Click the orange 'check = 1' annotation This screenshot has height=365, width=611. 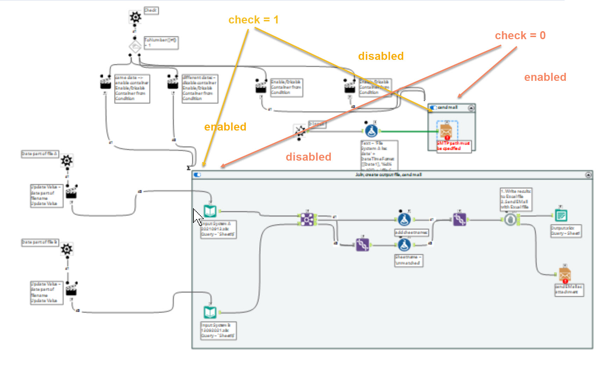pos(253,20)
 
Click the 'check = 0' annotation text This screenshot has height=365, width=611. pos(520,36)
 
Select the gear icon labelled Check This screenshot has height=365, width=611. pos(135,17)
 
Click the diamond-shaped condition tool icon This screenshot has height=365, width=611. pos(135,47)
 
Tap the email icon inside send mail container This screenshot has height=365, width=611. pos(446,131)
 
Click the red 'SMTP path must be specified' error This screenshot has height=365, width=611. pos(453,146)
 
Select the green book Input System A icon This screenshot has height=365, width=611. pos(210,211)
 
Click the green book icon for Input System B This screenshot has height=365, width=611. pos(210,312)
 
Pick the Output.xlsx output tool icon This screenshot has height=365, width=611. pos(561,216)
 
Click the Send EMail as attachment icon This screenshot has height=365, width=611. pos(564,275)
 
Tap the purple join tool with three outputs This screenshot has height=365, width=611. pos(307,219)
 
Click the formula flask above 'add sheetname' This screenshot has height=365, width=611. pos(404,219)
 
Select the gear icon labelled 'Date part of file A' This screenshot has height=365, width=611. pos(67,161)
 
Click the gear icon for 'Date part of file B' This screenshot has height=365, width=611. pos(67,249)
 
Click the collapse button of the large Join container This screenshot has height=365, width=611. pos(588,175)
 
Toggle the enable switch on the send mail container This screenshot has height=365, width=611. pos(433,108)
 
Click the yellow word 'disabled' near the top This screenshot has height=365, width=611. pos(381,56)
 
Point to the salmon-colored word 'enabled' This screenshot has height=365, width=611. pos(545,77)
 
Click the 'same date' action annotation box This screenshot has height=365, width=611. pos(132,88)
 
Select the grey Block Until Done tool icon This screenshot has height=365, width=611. pos(510,219)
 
